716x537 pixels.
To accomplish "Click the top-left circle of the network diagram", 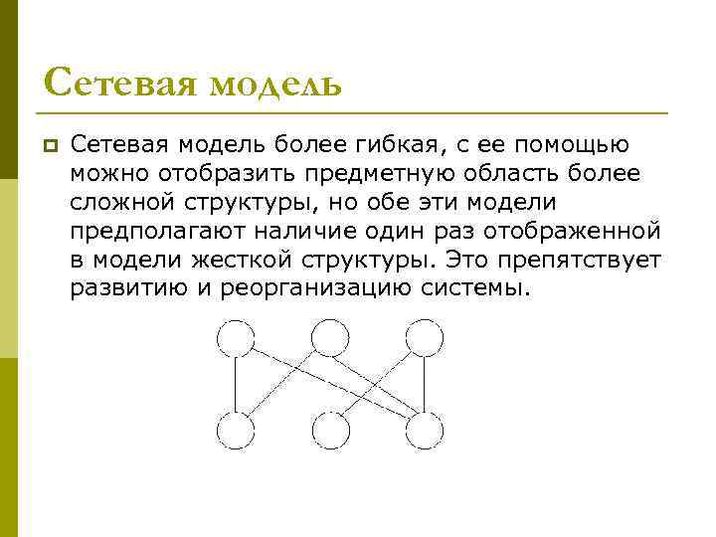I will click(236, 338).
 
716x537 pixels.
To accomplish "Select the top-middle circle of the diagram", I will click(330, 338).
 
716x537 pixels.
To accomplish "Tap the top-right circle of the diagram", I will click(424, 338).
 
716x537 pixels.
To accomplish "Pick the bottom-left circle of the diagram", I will click(236, 431).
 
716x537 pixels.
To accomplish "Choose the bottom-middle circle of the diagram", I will click(330, 431).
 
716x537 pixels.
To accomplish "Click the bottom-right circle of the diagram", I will click(424, 431).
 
